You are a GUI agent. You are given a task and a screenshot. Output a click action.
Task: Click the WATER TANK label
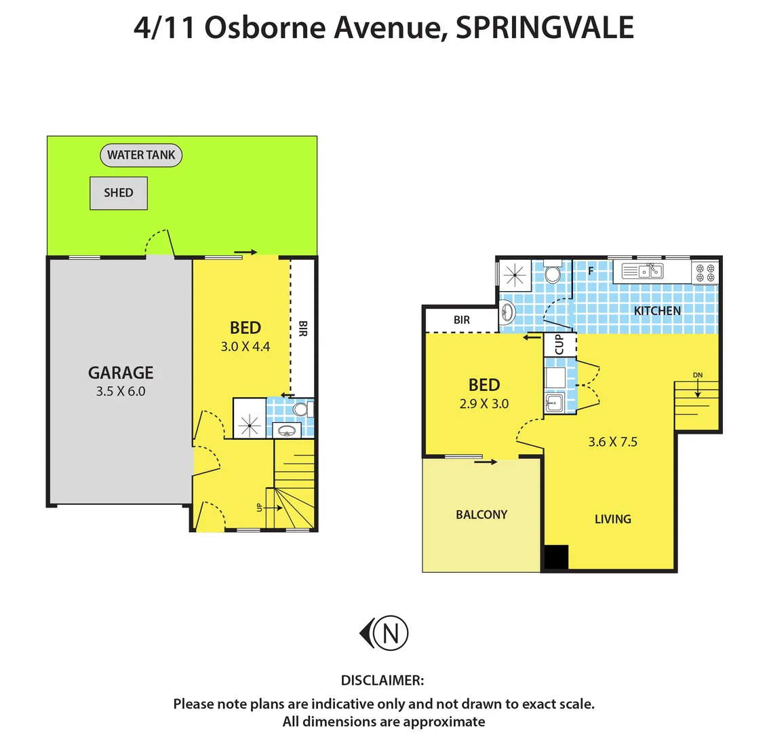(141, 155)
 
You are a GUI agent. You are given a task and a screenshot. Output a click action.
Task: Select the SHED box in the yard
(119, 193)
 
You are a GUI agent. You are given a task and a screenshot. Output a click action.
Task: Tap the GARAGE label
(121, 373)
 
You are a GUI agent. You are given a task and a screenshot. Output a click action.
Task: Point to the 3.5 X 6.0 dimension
(121, 391)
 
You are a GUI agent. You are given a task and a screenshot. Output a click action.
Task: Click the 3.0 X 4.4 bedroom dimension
(245, 346)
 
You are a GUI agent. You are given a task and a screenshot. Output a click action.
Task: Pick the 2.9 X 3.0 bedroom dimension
(484, 403)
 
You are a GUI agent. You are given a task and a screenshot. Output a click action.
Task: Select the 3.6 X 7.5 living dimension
(612, 442)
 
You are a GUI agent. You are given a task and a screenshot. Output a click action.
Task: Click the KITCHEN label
(657, 311)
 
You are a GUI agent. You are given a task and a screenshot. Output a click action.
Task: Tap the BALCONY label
(481, 514)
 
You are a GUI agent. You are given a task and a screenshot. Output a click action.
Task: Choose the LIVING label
(612, 519)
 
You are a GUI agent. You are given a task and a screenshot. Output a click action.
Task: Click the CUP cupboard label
(559, 344)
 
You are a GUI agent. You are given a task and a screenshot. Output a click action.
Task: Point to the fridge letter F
(591, 271)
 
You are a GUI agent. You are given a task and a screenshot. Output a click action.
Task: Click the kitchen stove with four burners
(705, 273)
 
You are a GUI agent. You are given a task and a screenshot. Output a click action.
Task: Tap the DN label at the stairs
(698, 375)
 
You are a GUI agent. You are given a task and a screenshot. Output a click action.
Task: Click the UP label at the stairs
(259, 506)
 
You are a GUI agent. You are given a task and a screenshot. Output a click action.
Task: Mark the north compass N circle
(391, 633)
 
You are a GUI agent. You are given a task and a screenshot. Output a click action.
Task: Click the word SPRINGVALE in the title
(545, 28)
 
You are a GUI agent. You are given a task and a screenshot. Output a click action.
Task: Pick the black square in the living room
(556, 557)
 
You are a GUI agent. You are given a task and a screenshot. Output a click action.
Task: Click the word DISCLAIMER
(382, 680)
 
